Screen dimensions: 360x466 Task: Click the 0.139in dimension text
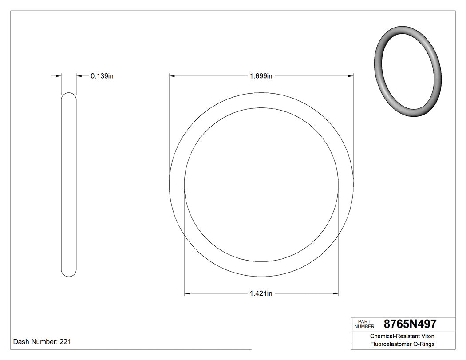coord(102,76)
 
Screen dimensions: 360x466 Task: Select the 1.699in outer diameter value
coord(261,76)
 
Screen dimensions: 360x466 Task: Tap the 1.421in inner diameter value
coord(261,293)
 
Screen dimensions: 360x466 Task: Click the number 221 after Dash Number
coord(65,342)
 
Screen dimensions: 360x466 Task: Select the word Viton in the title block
coord(426,336)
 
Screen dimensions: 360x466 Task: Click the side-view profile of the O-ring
coord(68,185)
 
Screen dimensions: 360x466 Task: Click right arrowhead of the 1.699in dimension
coord(351,76)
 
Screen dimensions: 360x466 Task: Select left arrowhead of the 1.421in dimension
coord(187,293)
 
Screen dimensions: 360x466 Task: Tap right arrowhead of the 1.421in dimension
coord(336,293)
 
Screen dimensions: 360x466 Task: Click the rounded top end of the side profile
coord(68,95)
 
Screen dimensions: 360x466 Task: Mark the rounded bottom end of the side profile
coord(68,274)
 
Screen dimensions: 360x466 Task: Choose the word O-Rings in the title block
coord(424,344)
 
